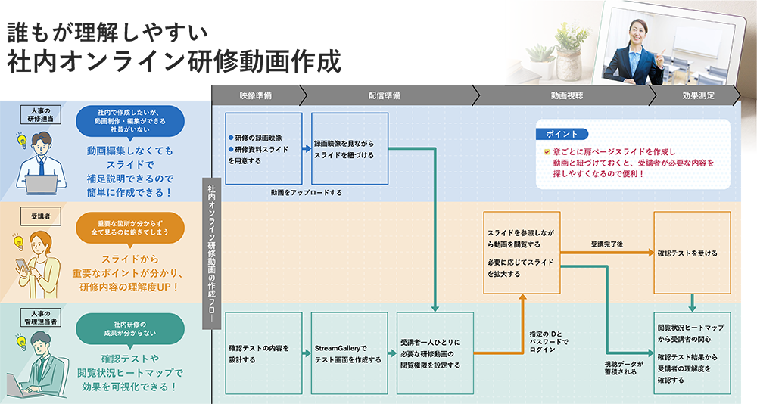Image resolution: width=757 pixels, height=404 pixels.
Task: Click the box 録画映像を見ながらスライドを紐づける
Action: point(350,148)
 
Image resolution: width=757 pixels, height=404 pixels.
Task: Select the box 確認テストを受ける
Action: point(692,253)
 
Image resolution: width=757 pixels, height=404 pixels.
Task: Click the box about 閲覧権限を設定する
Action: point(435,353)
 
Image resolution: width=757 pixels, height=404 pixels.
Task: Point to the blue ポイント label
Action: point(562,134)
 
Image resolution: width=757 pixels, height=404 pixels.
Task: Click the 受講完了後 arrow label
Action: point(608,245)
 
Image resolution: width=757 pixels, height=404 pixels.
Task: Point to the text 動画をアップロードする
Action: point(306,193)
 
